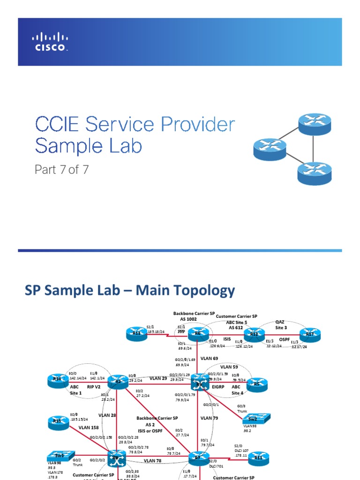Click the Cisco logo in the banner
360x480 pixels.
(50, 42)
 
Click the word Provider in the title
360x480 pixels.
(195, 125)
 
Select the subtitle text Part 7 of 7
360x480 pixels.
(61, 169)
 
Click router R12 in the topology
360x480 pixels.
(254, 334)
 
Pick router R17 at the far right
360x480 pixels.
(309, 334)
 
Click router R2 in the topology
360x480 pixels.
(117, 382)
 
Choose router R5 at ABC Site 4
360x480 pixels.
(256, 384)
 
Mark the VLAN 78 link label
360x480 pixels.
(153, 461)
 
